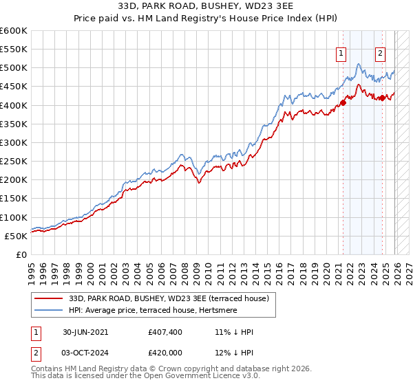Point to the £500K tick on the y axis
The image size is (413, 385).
(14, 68)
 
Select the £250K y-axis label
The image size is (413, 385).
(14, 161)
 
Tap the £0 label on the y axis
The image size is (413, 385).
(22, 254)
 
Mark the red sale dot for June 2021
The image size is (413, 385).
(342, 103)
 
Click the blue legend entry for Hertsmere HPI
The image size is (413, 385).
(161, 310)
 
